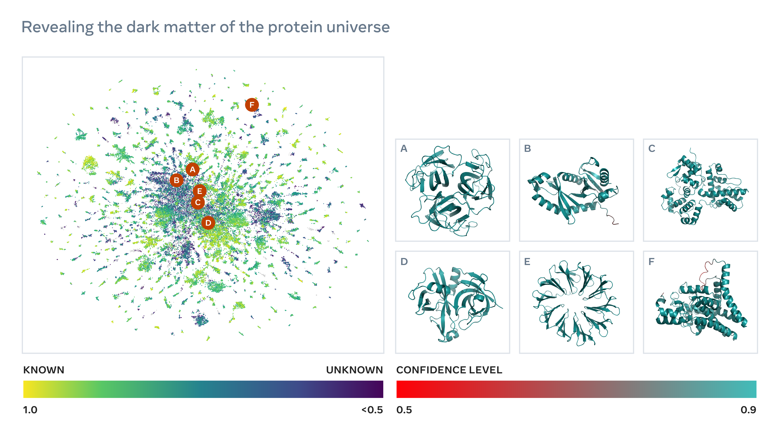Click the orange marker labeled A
tap(193, 170)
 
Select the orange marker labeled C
tap(198, 203)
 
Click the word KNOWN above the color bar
tap(44, 370)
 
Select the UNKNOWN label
tap(354, 370)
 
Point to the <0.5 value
tap(372, 410)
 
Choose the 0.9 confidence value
tap(748, 410)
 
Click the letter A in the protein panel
tap(404, 149)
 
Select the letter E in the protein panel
tap(527, 262)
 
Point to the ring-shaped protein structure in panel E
tap(576, 303)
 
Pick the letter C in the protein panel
tap(651, 149)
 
